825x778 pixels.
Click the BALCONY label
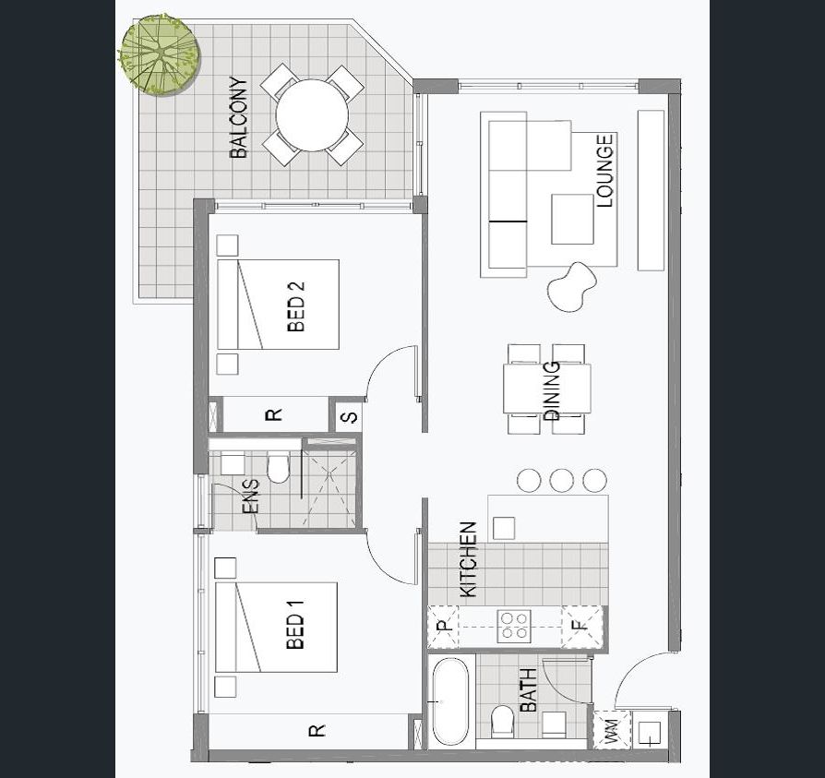coord(238,117)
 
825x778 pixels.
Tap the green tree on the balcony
coord(159,54)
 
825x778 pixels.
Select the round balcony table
coord(312,115)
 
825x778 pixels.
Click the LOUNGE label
coord(605,171)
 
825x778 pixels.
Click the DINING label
coord(551,390)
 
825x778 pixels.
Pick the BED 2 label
coord(296,306)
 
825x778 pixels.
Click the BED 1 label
coord(295,625)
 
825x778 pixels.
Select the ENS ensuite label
coord(251,496)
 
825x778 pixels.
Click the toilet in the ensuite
coord(278,467)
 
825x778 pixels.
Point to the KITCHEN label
coord(468,559)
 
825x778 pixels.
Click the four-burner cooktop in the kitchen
coord(514,626)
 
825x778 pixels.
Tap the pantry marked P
coord(444,627)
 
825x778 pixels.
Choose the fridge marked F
coord(581,626)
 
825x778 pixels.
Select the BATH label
coord(528,689)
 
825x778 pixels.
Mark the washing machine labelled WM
coord(612,730)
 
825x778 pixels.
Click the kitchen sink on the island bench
coord(504,528)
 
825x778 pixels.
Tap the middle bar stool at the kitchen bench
coord(562,480)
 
